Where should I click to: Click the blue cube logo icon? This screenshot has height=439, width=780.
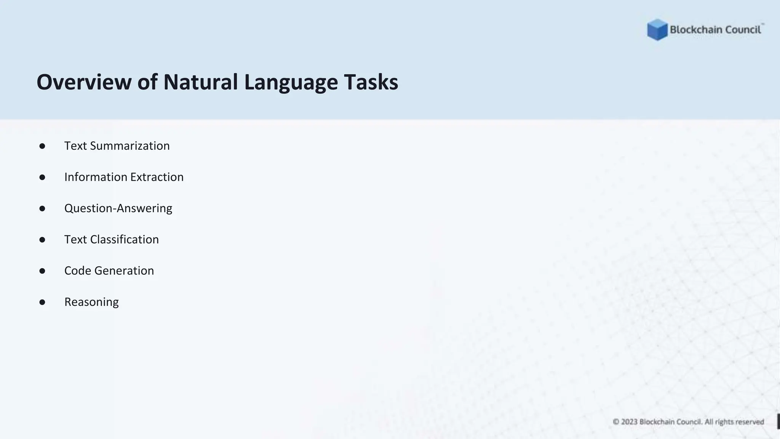tap(657, 30)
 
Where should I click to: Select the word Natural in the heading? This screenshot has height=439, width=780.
tap(201, 82)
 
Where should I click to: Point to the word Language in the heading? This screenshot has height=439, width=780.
tap(291, 83)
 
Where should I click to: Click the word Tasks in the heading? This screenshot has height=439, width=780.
tap(371, 82)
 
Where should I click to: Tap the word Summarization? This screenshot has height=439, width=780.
tap(130, 146)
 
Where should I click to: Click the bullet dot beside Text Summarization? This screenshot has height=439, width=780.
tap(42, 146)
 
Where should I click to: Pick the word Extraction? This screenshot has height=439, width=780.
tap(157, 177)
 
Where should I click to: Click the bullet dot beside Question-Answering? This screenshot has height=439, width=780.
tap(42, 208)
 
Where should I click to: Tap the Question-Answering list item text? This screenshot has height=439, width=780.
tap(118, 208)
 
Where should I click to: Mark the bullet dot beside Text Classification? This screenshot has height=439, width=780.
tap(42, 240)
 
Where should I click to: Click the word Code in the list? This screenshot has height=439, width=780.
tap(78, 271)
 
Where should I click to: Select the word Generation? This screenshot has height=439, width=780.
tap(124, 271)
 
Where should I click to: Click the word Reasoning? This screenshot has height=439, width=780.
tap(91, 302)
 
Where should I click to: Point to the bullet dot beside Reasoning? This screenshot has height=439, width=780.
tap(42, 302)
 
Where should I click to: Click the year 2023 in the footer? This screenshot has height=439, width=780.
tap(629, 422)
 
